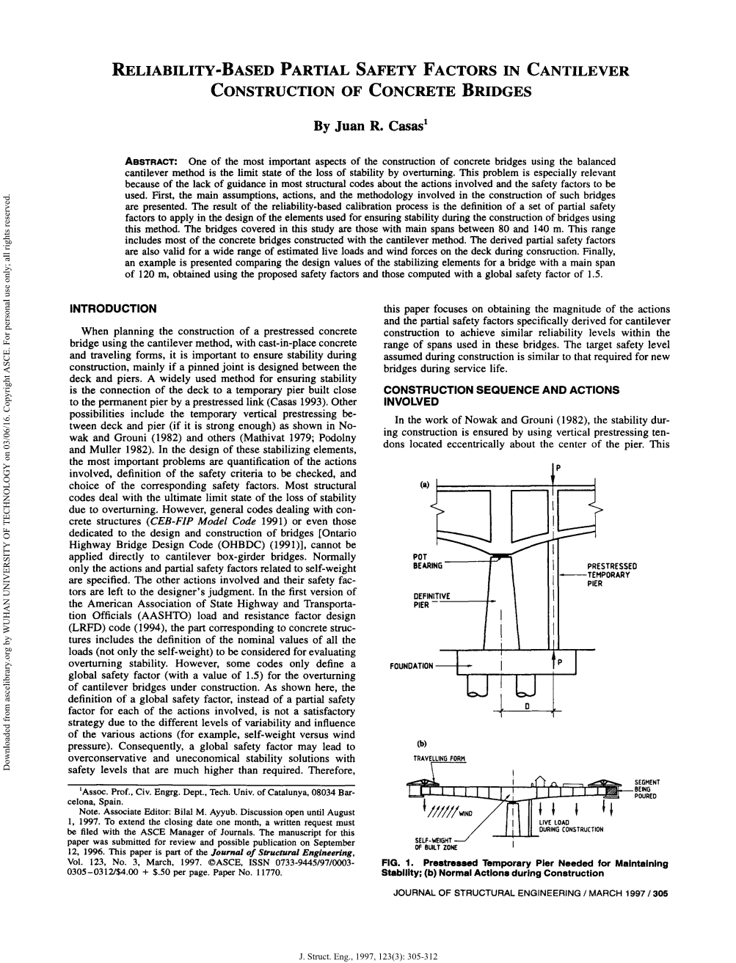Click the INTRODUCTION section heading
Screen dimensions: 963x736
[112, 309]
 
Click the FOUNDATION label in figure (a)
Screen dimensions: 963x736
[412, 667]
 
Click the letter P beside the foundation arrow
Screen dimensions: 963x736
[559, 663]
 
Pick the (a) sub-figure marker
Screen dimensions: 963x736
[424, 485]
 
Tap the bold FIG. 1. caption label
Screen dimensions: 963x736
[399, 863]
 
